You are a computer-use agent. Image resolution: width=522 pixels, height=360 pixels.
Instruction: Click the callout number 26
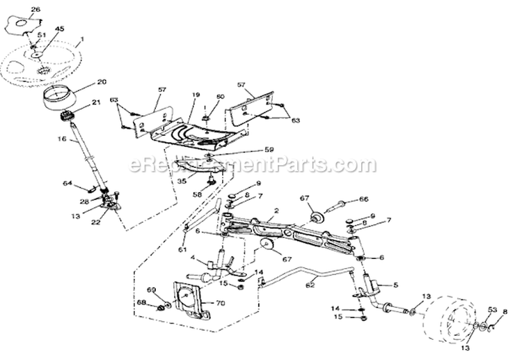(35, 9)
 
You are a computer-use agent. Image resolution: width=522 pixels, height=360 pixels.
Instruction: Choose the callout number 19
(196, 95)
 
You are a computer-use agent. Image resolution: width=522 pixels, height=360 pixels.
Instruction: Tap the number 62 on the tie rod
(310, 284)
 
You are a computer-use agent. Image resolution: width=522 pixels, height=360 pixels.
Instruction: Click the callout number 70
(221, 304)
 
